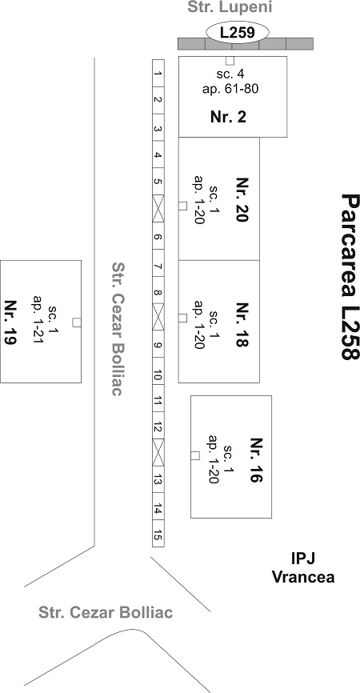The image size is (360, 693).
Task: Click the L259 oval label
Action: click(238, 33)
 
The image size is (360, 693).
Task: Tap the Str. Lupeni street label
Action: click(230, 7)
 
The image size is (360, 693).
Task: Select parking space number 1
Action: click(158, 73)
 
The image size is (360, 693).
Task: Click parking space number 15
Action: click(158, 534)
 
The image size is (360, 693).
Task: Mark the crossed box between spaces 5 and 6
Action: click(158, 208)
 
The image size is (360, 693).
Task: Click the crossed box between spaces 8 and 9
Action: click(158, 316)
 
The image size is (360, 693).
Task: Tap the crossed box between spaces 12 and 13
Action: click(158, 452)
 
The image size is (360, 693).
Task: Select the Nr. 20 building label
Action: click(242, 200)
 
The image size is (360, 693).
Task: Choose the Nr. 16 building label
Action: click(256, 460)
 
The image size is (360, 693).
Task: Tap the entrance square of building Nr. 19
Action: click(77, 322)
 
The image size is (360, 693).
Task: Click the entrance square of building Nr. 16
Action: click(194, 455)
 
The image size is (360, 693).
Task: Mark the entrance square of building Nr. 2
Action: click(230, 61)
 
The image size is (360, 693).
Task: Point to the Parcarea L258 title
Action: click(349, 277)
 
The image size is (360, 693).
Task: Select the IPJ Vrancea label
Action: click(303, 567)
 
